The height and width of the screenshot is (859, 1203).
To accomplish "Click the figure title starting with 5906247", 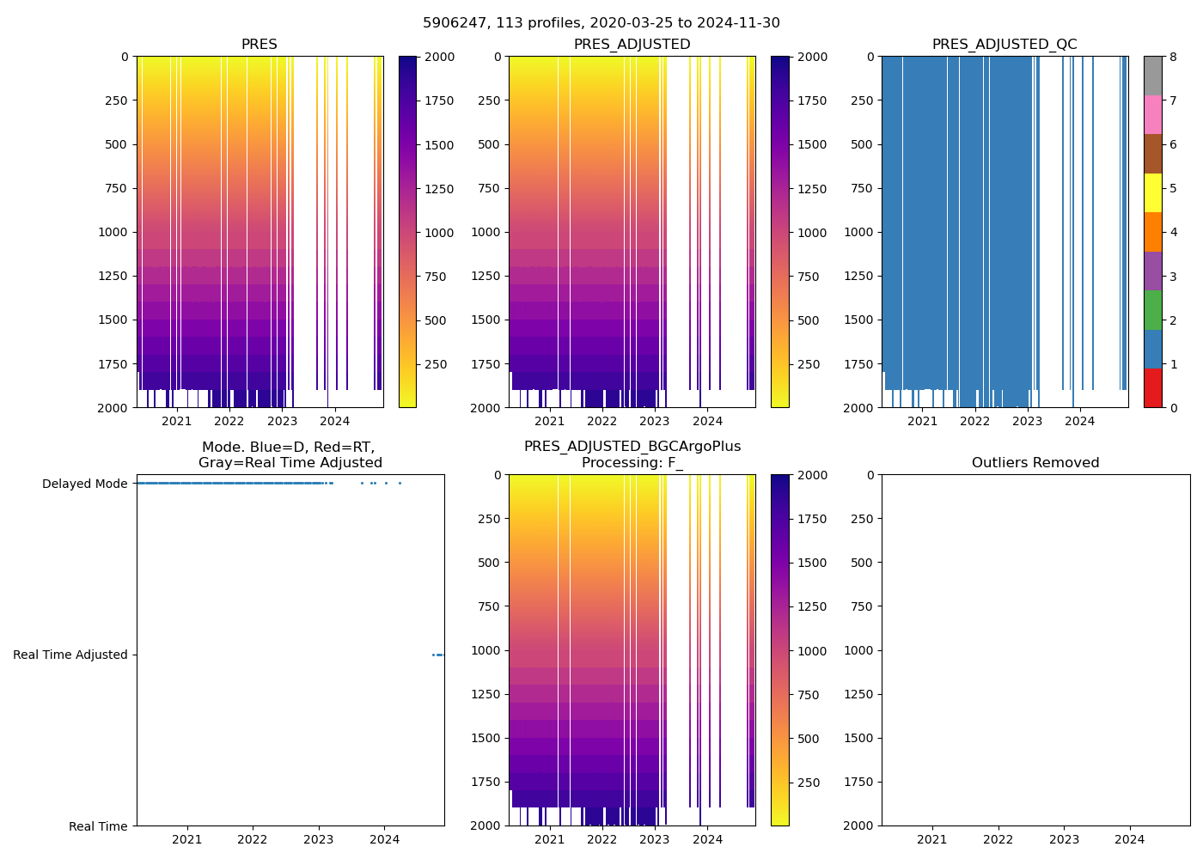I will [x=601, y=23].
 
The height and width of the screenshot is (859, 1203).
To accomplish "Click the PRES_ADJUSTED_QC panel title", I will [x=1005, y=45].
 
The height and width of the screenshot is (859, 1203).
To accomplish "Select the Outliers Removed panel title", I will [x=1035, y=463].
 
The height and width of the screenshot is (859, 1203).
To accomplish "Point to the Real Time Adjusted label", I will [x=70, y=655].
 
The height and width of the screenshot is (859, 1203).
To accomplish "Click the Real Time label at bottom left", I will [x=98, y=826].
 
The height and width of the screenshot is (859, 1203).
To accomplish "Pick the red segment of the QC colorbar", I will [x=1152, y=387].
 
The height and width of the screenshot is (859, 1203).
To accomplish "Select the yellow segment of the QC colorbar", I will [x=1152, y=192].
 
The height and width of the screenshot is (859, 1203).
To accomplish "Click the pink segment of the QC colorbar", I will [x=1152, y=114].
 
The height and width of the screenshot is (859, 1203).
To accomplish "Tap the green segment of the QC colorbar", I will [x=1152, y=309].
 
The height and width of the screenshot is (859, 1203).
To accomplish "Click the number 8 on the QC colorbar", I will [x=1173, y=57].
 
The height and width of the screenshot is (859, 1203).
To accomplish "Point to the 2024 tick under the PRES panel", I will [x=335, y=421].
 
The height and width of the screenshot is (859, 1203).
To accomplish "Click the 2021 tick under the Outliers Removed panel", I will [x=931, y=839].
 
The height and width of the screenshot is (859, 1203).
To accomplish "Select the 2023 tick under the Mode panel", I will [x=319, y=839].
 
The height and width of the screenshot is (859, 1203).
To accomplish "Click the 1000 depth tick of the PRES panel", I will [x=113, y=232].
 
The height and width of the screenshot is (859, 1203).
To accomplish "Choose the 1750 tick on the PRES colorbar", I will [x=439, y=101].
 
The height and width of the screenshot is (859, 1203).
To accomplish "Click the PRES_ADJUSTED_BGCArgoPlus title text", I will [x=632, y=447].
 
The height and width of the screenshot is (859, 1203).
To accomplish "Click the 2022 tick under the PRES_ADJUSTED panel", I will [x=601, y=421].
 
